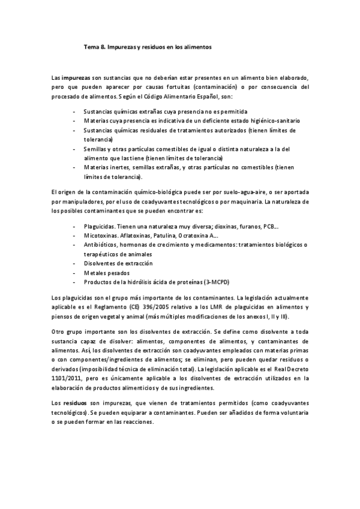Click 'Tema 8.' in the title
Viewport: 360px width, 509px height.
click(94, 46)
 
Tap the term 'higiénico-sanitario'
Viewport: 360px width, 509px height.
click(268, 120)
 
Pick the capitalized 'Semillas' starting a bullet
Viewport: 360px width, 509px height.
click(95, 148)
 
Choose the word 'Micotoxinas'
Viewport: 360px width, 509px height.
click(100, 236)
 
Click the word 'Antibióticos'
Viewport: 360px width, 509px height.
click(101, 245)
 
